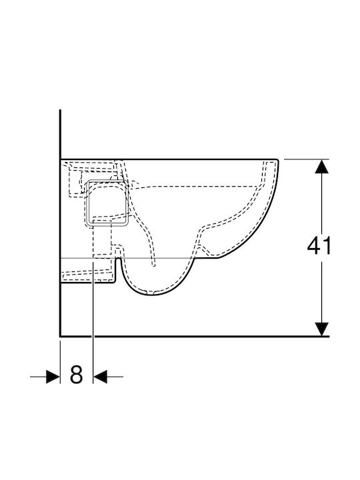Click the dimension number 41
[319, 246]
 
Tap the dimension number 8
[76, 375]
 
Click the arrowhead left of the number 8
[53, 376]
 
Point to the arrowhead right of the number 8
[100, 376]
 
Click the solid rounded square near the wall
[107, 203]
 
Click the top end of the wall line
[60, 111]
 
